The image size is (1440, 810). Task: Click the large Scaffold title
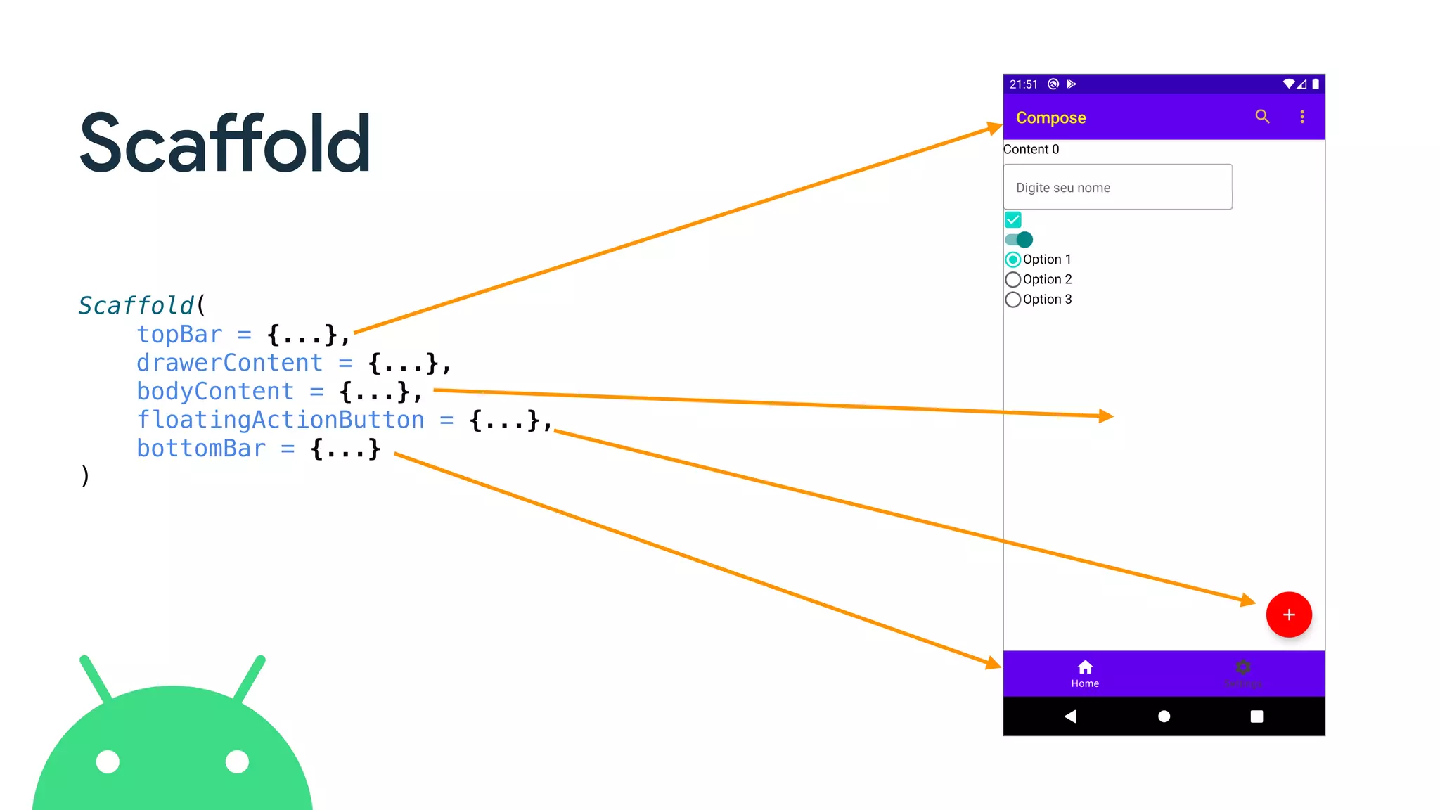point(225,143)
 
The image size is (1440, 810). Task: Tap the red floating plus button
point(1288,615)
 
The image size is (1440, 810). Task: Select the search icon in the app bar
point(1263,117)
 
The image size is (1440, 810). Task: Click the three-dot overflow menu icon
point(1302,117)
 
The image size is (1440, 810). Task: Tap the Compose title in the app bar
point(1050,117)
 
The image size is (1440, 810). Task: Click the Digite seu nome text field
point(1117,187)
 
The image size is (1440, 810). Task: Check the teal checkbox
point(1013,220)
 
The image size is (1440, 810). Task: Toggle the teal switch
point(1019,240)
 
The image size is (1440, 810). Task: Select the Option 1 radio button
point(1013,259)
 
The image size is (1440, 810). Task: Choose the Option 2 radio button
point(1013,280)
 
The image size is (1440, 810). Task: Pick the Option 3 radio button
point(1013,300)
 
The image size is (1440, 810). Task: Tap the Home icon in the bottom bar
point(1085,667)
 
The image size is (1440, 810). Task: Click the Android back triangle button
point(1070,716)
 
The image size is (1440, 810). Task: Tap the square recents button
point(1256,716)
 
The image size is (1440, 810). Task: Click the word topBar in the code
point(179,335)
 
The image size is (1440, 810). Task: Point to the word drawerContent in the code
point(229,363)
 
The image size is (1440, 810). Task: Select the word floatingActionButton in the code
point(281,420)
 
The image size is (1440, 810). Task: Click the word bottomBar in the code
point(201,449)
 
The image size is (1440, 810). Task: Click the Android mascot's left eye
point(108,761)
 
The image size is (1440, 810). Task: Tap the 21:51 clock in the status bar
point(1023,84)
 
